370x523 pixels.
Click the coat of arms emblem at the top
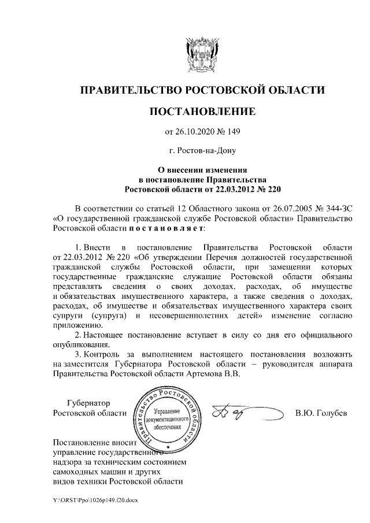coord(202,51)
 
